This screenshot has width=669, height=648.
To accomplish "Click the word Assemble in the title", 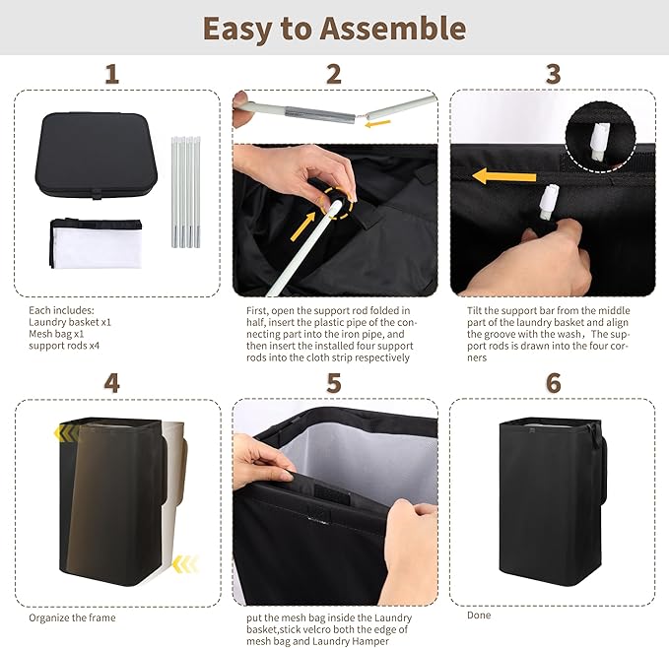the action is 392,29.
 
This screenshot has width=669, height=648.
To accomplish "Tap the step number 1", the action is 111,74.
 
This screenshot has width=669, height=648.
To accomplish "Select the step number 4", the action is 111,383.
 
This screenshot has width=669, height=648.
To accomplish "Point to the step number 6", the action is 554,383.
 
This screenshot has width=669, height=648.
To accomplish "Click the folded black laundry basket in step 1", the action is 96,156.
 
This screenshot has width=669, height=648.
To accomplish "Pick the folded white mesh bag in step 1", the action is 97,243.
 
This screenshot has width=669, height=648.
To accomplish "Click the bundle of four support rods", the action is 186,192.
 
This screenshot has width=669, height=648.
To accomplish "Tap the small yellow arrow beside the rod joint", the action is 377,124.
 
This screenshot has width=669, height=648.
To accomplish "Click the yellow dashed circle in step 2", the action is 337,203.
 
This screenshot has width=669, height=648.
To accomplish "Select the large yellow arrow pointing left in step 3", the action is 504,176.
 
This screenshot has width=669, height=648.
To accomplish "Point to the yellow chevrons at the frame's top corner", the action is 67,433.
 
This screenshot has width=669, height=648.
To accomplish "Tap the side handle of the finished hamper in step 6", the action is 603,469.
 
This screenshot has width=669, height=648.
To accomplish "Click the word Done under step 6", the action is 479,615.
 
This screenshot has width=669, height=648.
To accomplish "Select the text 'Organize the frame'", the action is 72,617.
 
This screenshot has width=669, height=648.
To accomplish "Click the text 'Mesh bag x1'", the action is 56,334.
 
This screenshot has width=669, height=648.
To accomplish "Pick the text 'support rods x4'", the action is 64,346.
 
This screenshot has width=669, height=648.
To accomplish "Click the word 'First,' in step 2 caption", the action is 257,311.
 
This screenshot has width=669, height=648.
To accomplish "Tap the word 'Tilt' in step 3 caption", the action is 474,310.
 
